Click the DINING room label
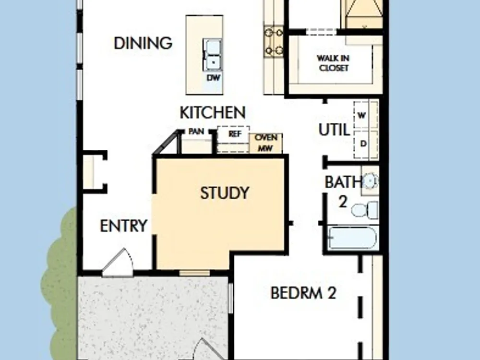(x=143, y=43)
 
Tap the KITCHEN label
(x=213, y=113)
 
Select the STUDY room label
(x=225, y=193)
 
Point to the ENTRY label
(x=124, y=226)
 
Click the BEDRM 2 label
(x=303, y=293)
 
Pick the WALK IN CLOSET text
(x=334, y=63)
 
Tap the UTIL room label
(x=334, y=130)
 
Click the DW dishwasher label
(x=214, y=78)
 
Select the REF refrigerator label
(x=235, y=134)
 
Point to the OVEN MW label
(x=266, y=143)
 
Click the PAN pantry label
(x=196, y=132)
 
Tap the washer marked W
(x=366, y=115)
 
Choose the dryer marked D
(x=366, y=144)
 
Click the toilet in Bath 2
(x=365, y=210)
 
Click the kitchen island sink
(x=212, y=55)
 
